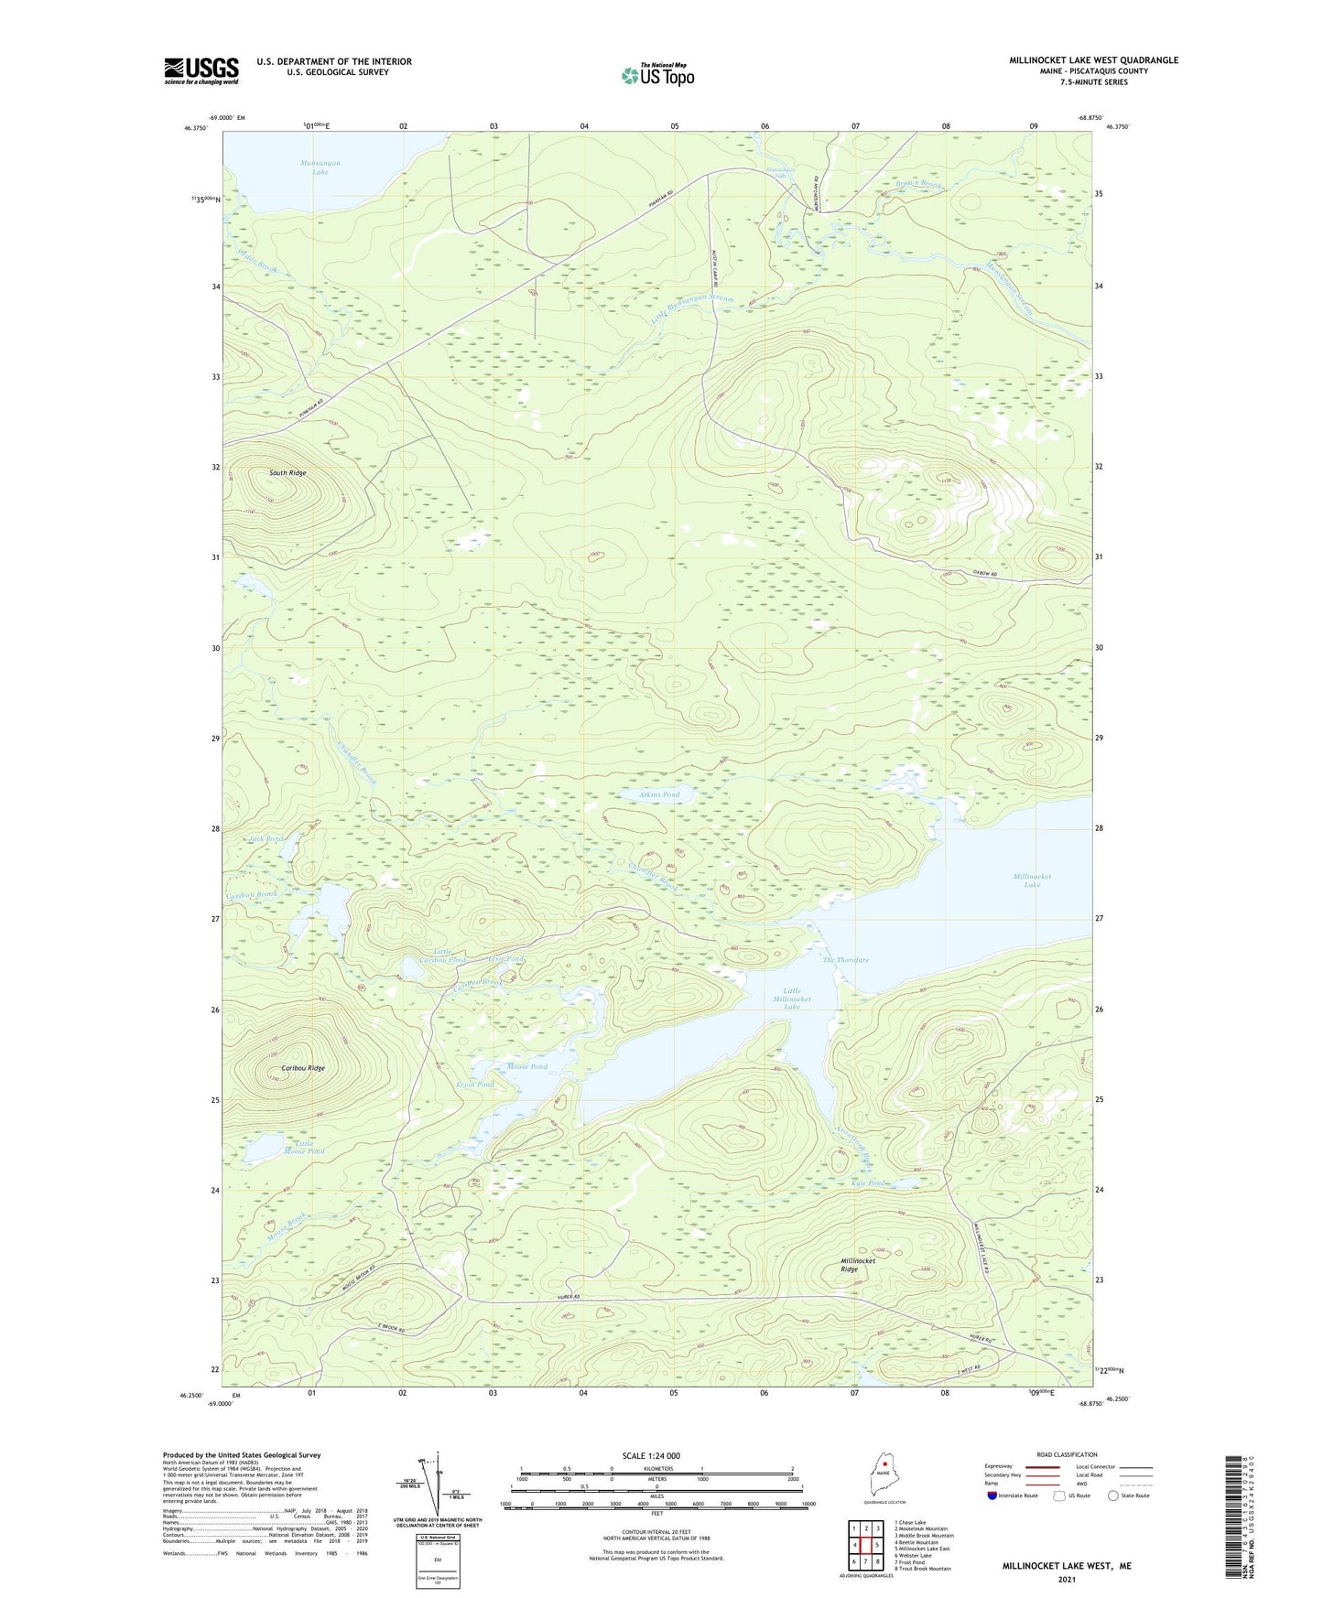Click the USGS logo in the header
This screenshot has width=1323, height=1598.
pos(201,70)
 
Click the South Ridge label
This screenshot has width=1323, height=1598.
pos(287,473)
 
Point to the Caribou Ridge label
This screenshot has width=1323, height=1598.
pos(303,1068)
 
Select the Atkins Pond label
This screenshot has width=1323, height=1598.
pos(659,794)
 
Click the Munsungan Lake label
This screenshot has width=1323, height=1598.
pos(320,167)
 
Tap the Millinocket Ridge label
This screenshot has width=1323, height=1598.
pos(858,1265)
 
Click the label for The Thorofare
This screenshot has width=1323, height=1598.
pos(845,960)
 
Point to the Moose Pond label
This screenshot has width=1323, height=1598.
pos(526,1067)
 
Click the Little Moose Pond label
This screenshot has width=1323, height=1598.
pos(304,1147)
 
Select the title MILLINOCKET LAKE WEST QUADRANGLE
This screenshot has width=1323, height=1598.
pos(1093,60)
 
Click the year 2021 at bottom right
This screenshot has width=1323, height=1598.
pos(1067,1580)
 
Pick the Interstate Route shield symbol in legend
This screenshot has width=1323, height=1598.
pos(992,1495)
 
